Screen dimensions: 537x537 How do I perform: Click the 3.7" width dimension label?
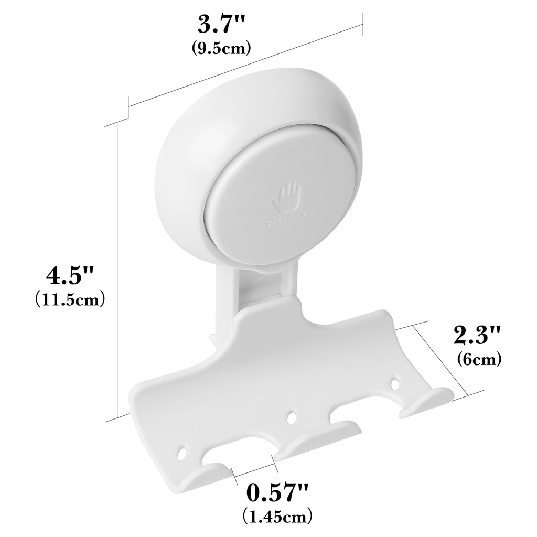coord(222,25)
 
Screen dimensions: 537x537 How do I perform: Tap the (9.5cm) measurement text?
coord(221,48)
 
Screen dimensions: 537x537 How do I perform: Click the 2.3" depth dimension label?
coord(478,335)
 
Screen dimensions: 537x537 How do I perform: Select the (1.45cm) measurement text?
coord(277,517)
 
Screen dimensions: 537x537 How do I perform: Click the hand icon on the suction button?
coord(287,198)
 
